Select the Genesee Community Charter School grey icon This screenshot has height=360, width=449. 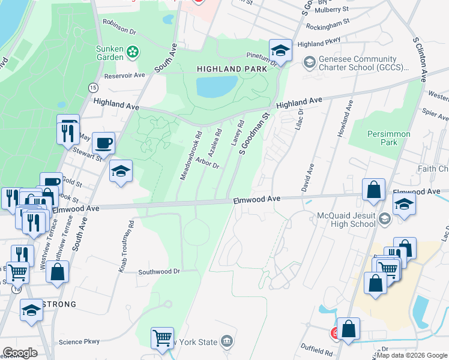pyautogui.click(x=309, y=62)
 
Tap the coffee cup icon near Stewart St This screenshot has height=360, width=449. pyautogui.click(x=103, y=144)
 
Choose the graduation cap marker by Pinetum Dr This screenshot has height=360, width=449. pyautogui.click(x=280, y=50)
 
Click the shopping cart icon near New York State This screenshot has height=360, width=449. pyautogui.click(x=162, y=338)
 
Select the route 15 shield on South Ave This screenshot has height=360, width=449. pyautogui.click(x=93, y=88)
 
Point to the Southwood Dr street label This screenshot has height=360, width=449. pyautogui.click(x=159, y=271)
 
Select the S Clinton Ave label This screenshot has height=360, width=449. pyautogui.click(x=420, y=59)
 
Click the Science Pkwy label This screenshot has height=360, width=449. pyautogui.click(x=79, y=342)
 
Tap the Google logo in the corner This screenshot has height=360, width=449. pyautogui.click(x=20, y=353)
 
